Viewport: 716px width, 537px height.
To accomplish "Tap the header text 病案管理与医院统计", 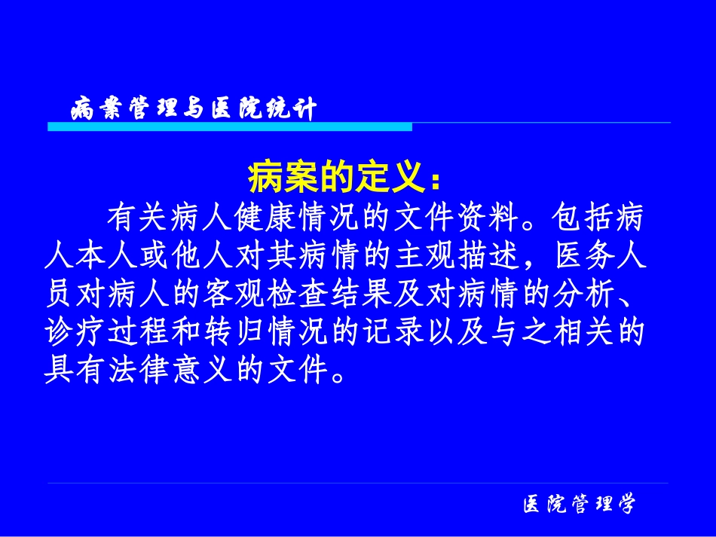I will point(194,110).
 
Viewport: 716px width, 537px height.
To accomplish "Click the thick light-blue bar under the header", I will point(230,127).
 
